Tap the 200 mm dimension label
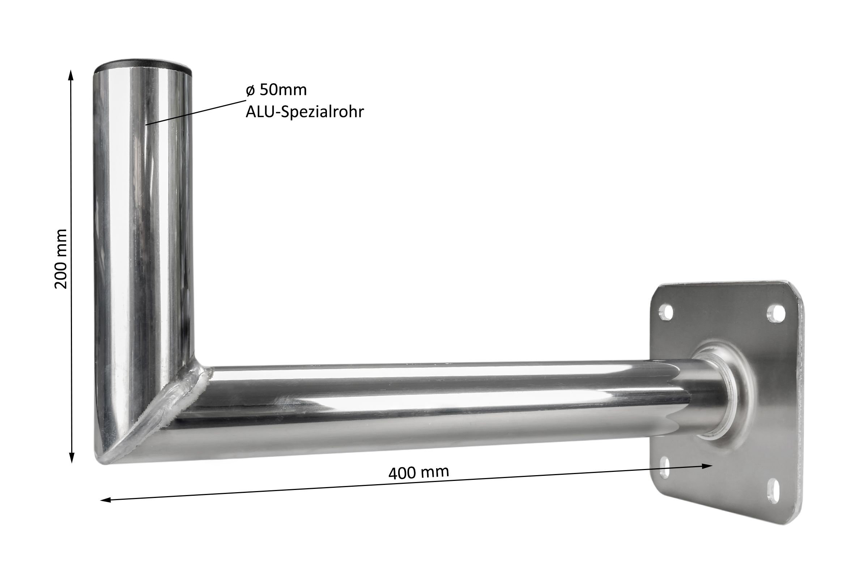coord(61,259)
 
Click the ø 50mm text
coord(276,90)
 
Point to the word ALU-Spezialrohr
coord(305,111)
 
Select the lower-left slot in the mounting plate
coord(665,468)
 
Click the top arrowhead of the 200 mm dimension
coord(71,75)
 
